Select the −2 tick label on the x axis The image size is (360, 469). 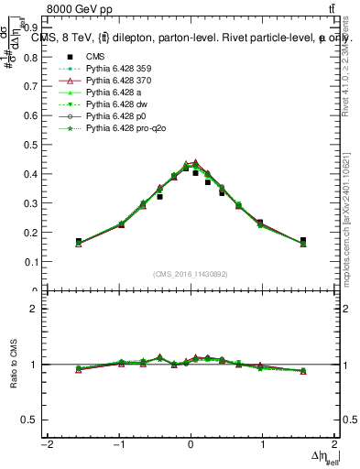[x=45, y=446]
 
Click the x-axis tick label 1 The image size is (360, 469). [x=262, y=446]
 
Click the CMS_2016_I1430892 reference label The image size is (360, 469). [x=190, y=274]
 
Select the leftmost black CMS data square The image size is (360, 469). [x=79, y=242]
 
